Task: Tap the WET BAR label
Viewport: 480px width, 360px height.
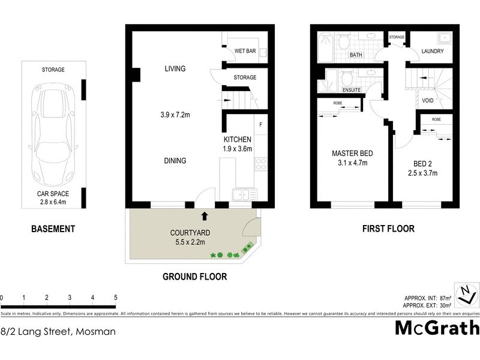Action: coord(245,52)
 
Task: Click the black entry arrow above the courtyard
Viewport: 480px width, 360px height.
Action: coord(205,215)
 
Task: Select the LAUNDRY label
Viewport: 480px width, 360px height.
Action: coord(432,52)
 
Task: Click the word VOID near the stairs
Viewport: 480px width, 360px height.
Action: coord(428,100)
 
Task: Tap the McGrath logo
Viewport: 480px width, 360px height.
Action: coord(437,328)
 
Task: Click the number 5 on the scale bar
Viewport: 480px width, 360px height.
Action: coord(115,298)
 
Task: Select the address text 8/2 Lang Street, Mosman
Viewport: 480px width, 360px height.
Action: coord(58,331)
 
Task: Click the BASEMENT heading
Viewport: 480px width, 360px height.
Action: coord(53,229)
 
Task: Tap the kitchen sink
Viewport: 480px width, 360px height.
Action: coord(244,194)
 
